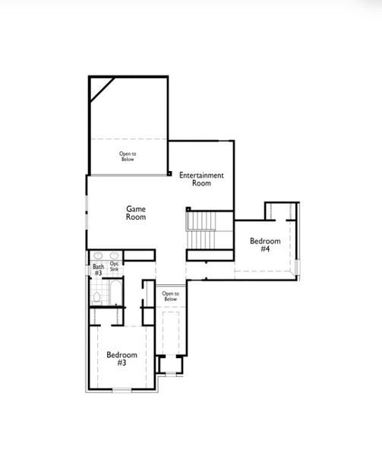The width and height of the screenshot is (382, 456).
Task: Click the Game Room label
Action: pyautogui.click(x=136, y=212)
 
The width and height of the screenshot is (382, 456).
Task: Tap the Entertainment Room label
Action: pyautogui.click(x=201, y=179)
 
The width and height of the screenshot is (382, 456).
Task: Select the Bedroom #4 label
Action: pyautogui.click(x=265, y=245)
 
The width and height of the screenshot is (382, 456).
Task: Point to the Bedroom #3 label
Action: pyautogui.click(x=122, y=359)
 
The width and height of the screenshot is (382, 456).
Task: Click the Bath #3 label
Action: pyautogui.click(x=98, y=269)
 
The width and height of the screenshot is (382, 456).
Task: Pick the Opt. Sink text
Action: pyautogui.click(x=114, y=266)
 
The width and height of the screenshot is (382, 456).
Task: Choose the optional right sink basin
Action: pyautogui.click(x=114, y=256)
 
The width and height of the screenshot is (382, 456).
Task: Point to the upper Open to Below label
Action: pyautogui.click(x=127, y=157)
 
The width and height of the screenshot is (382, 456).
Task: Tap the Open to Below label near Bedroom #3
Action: pyautogui.click(x=171, y=296)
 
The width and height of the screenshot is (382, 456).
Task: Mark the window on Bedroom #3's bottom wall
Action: pyautogui.click(x=122, y=391)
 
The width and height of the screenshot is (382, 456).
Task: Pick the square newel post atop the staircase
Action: pyautogui.click(x=188, y=208)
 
